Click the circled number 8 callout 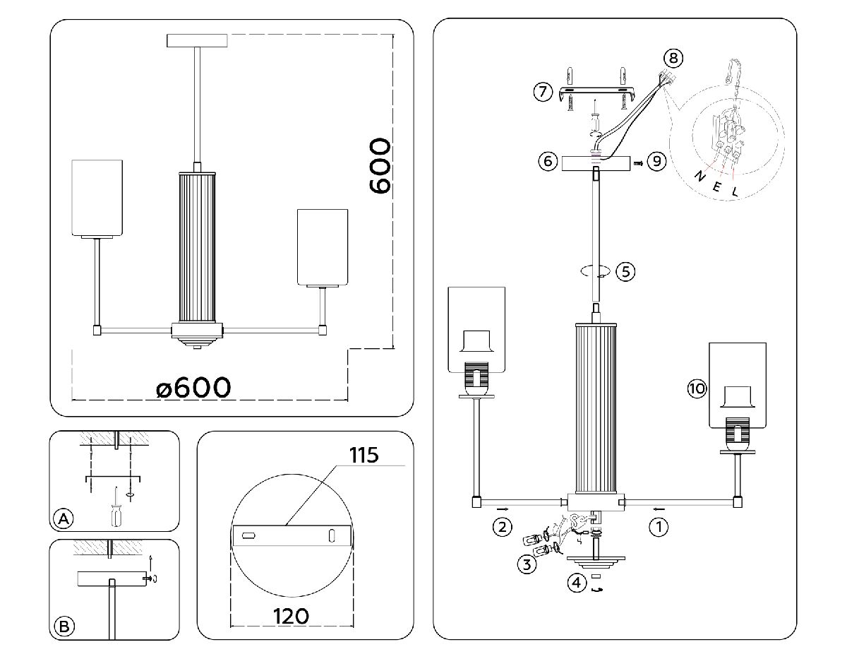(x=673, y=57)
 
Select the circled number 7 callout (x=542, y=92)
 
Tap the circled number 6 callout (x=547, y=162)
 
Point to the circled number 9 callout (x=656, y=162)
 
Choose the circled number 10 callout (x=697, y=388)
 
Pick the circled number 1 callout (x=659, y=527)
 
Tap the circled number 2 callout (x=502, y=527)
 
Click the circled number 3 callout (x=526, y=564)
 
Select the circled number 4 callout (x=577, y=583)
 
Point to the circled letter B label (x=64, y=627)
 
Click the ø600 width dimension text (x=194, y=387)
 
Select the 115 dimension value (x=364, y=456)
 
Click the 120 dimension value (x=291, y=616)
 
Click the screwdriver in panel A (x=114, y=507)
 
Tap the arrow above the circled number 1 (x=658, y=508)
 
